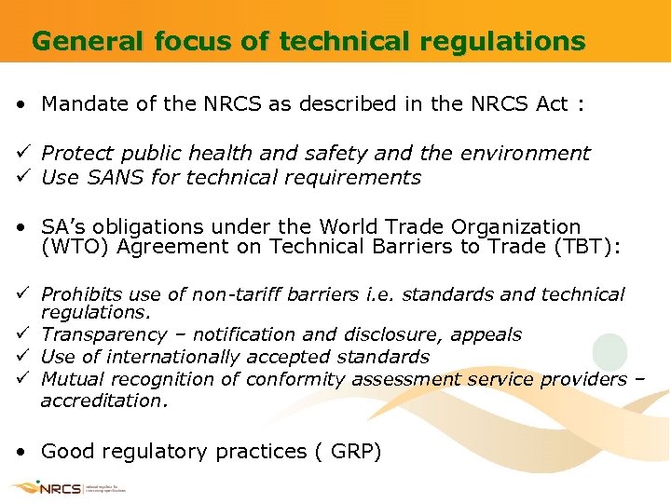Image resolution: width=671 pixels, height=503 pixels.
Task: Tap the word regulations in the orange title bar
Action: coord(515,42)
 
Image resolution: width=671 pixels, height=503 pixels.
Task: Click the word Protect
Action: coord(75,153)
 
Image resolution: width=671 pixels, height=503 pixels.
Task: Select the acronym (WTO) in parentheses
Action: coord(73,247)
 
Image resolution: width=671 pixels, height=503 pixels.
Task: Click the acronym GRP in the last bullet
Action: coord(353,452)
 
